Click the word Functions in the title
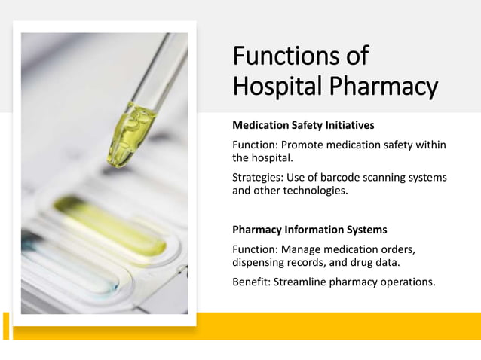[x=278, y=56]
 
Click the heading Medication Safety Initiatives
[x=303, y=124]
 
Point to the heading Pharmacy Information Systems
[x=309, y=230]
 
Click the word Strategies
[x=256, y=177]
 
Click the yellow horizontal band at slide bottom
[x=339, y=325]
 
